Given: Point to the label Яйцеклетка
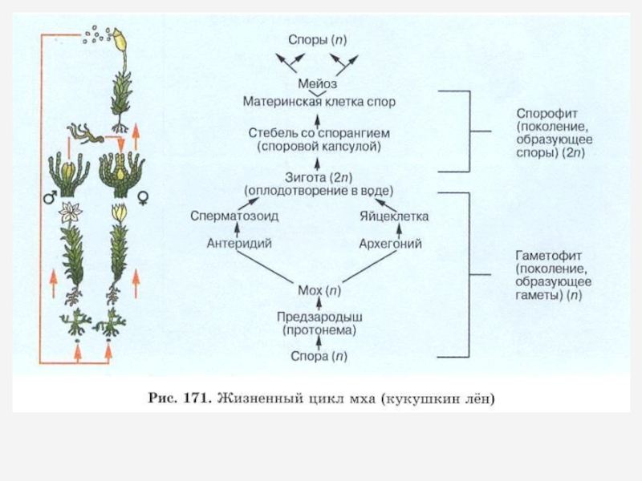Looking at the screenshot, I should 394,216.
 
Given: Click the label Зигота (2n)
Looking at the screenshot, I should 318,176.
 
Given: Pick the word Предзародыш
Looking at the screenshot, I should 319,316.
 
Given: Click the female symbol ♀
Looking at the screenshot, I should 145,196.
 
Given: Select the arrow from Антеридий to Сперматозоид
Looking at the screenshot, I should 228,230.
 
